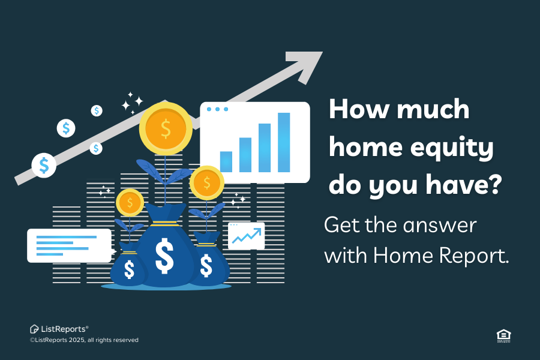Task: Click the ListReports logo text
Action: tap(63, 329)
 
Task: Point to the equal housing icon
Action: tap(503, 336)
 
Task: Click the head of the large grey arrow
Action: tap(305, 65)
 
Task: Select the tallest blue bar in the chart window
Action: tap(284, 142)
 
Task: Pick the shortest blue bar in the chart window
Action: tap(226, 161)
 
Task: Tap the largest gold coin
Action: tap(166, 128)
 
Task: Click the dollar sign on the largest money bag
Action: tap(164, 256)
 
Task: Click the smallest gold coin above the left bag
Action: tap(130, 203)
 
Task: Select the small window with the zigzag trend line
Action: tap(246, 236)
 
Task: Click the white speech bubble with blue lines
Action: tap(70, 245)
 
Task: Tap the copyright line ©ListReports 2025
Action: tap(84, 340)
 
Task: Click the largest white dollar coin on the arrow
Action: tap(44, 166)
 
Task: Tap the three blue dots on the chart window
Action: tap(217, 109)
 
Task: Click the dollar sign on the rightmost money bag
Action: tap(206, 265)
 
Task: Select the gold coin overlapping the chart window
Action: tap(206, 182)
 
